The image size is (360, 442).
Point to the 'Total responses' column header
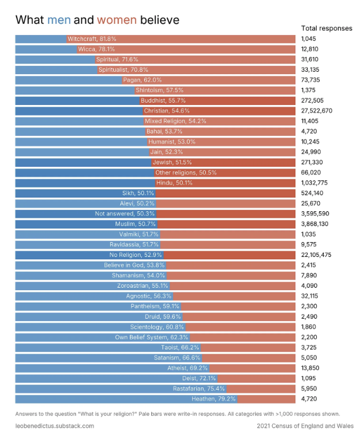[x=326, y=28]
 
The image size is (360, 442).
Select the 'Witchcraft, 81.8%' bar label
[x=88, y=39]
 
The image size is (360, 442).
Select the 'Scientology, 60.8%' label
[x=157, y=327]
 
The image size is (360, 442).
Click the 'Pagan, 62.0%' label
[x=142, y=80]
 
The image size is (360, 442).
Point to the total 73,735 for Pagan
[x=311, y=80]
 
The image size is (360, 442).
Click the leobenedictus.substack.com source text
[x=54, y=426]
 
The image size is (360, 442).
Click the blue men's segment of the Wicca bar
[x=44, y=49]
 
